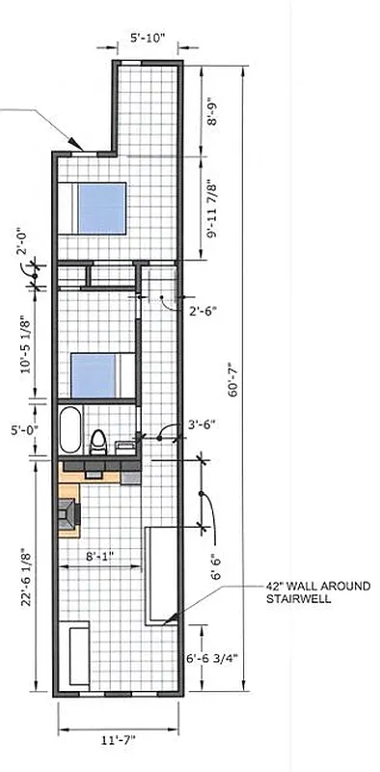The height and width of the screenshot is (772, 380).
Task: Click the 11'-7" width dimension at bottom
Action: [x=120, y=740]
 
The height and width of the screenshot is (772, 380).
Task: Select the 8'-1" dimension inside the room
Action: [x=101, y=556]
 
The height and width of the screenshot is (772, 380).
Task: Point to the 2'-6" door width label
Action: [x=203, y=311]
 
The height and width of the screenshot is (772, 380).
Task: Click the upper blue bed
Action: [x=101, y=205]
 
